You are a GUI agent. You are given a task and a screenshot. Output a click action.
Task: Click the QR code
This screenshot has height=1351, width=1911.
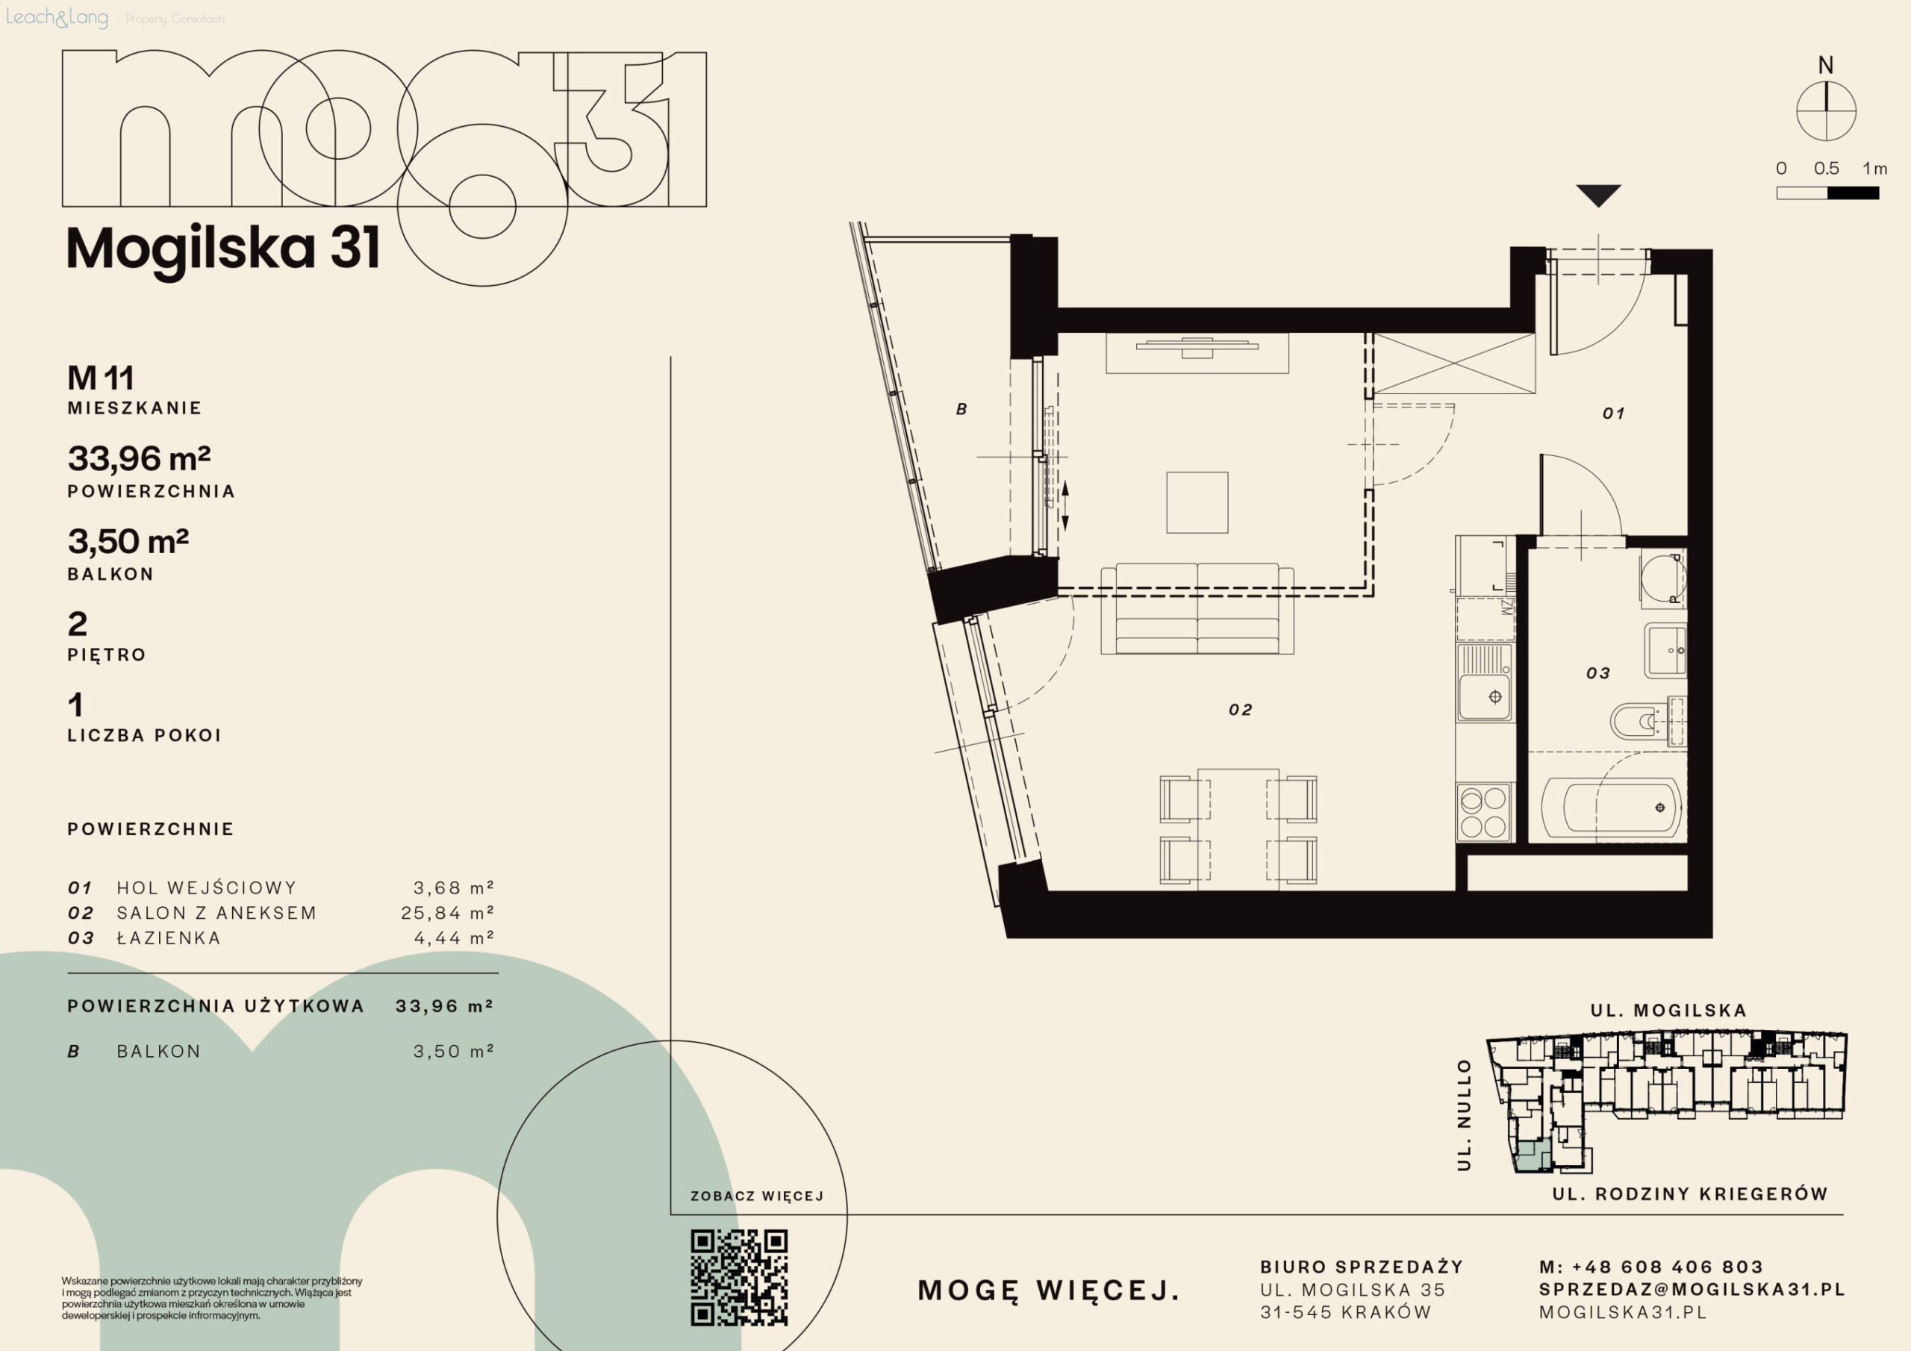coord(739,1277)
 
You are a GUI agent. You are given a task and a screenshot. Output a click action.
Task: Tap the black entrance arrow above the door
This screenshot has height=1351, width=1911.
coord(1598,196)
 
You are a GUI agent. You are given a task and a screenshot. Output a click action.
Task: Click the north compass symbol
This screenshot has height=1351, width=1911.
coord(1826,110)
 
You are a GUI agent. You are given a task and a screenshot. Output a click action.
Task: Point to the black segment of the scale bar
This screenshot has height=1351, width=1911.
coord(1853,193)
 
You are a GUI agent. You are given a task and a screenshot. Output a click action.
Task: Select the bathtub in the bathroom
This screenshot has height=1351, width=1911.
coord(1612,807)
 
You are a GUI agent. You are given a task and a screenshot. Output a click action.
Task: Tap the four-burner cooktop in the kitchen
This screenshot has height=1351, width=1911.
coord(1484,811)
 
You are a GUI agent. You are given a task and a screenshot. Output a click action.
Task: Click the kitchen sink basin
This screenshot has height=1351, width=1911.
coord(1484,696)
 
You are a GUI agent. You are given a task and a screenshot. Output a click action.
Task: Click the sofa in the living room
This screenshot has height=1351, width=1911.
coord(1197,608)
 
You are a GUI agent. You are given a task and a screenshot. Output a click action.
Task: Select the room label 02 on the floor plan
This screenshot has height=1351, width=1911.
coord(1240,710)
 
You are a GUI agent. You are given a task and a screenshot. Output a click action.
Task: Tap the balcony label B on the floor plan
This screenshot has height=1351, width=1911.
coord(961,410)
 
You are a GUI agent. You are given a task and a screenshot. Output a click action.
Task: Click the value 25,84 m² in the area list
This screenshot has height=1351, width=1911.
coord(448,912)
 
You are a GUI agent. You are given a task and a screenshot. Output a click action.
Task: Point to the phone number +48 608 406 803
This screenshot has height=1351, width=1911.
coord(1667,1267)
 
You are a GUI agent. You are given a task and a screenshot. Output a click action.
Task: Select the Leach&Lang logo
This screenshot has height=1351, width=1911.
coord(57,17)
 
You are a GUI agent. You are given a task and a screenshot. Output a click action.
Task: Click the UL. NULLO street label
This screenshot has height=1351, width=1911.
coord(1464,1114)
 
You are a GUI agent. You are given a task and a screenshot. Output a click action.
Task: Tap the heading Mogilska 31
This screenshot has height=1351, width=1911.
coord(223,248)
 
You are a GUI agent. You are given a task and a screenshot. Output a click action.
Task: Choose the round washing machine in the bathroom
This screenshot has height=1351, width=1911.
coord(1663,577)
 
